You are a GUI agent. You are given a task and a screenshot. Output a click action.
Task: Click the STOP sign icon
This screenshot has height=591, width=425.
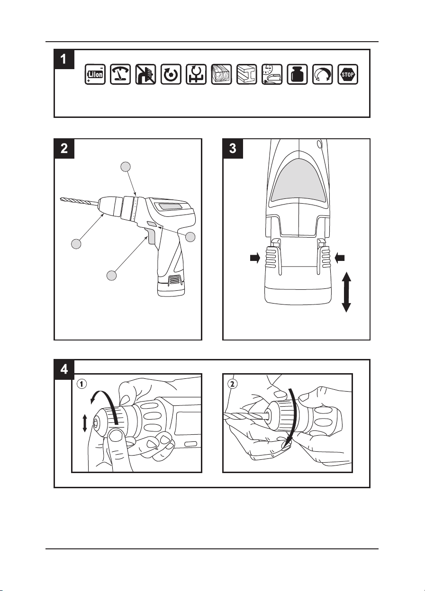(x=348, y=74)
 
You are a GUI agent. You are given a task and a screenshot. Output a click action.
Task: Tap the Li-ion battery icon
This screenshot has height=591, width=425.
(x=95, y=74)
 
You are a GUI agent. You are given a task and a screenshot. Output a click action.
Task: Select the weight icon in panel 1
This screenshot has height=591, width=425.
(x=298, y=74)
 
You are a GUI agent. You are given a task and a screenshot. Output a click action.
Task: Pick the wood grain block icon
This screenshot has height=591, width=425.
(x=222, y=74)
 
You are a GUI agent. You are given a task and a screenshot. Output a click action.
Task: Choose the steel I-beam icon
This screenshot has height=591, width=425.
(x=247, y=74)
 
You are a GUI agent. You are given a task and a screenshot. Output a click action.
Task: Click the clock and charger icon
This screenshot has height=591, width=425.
(x=272, y=74)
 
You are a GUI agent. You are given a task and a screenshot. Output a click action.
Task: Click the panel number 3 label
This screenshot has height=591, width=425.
(x=232, y=149)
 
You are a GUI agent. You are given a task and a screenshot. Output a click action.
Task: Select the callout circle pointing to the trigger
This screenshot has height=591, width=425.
(x=111, y=275)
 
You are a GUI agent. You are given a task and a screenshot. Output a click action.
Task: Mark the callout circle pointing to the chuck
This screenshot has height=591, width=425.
(x=75, y=244)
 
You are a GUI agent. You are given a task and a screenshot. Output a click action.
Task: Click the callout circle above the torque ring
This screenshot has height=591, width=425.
(x=125, y=166)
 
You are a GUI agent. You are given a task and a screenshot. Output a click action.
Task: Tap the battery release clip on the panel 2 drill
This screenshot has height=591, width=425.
(x=174, y=280)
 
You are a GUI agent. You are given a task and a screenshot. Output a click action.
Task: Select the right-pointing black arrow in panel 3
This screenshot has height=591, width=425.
(x=253, y=259)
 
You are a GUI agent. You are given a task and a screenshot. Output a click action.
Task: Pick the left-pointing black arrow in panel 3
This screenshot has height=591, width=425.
(x=340, y=259)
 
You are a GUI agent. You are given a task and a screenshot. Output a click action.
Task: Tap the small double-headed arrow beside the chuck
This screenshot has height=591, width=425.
(x=85, y=422)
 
